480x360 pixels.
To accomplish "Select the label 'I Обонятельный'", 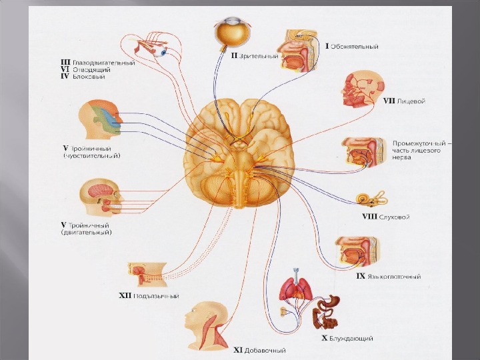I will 352,47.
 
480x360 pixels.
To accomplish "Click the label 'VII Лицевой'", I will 404,101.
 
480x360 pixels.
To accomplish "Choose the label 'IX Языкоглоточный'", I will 388,276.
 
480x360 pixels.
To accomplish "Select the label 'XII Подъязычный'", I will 148,296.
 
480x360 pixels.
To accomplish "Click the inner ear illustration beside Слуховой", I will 367,199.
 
